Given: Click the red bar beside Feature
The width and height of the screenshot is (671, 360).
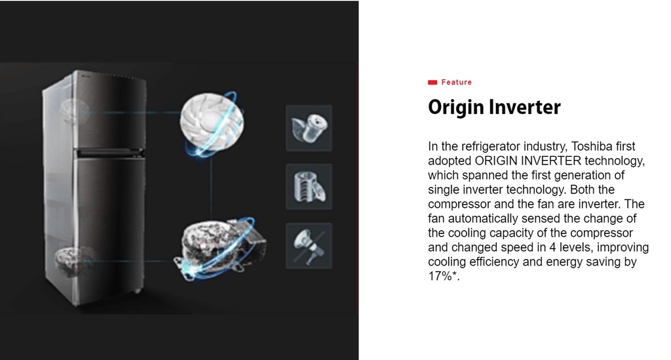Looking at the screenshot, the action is pyautogui.click(x=432, y=82).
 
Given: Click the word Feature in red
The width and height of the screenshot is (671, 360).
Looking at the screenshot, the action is pyautogui.click(x=457, y=82).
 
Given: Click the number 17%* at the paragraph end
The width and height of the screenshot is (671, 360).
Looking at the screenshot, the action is pyautogui.click(x=444, y=276).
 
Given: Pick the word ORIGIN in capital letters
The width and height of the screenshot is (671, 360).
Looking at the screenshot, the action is pyautogui.click(x=496, y=161).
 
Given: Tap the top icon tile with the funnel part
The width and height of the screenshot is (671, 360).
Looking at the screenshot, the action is pyautogui.click(x=309, y=128).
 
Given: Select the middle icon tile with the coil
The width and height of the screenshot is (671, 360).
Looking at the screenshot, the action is pyautogui.click(x=309, y=187).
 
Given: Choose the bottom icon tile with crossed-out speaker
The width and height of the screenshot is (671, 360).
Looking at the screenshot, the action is pyautogui.click(x=309, y=246).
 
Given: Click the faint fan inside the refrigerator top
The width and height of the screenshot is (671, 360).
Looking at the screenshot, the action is pyautogui.click(x=73, y=111).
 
